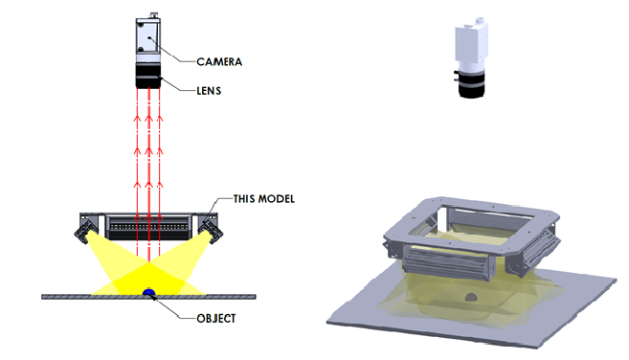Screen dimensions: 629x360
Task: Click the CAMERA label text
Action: (x=219, y=62)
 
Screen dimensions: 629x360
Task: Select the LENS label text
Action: (x=209, y=91)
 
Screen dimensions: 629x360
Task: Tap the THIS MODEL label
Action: (x=264, y=198)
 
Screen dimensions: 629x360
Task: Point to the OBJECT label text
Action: (x=215, y=318)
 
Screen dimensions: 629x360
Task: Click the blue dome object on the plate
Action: (x=148, y=291)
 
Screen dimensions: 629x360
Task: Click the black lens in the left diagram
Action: (x=148, y=77)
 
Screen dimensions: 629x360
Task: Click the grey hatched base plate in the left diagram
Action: (x=148, y=297)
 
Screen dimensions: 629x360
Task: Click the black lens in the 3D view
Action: (x=472, y=83)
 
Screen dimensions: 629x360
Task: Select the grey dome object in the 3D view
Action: (x=471, y=298)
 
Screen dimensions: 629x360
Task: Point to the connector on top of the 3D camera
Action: (x=479, y=20)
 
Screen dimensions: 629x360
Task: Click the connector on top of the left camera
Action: (x=153, y=15)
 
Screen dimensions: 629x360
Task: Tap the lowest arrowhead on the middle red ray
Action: (x=148, y=217)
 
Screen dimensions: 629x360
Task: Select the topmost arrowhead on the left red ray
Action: (x=137, y=119)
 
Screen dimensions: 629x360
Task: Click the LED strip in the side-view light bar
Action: (x=148, y=227)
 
